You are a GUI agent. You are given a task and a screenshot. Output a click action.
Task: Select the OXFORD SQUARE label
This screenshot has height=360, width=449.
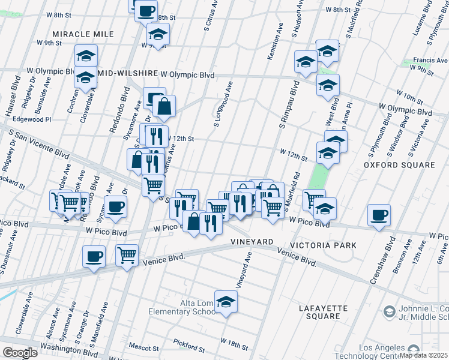click(x=400, y=164)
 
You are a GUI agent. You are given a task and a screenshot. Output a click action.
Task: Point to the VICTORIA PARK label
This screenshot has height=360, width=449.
click(x=323, y=245)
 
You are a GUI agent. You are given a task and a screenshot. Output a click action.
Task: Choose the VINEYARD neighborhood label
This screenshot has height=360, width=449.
click(x=252, y=241)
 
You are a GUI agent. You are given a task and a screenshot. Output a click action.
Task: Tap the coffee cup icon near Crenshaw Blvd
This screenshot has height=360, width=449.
click(x=378, y=215)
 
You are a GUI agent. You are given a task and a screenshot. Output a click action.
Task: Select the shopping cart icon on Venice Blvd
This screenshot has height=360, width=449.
click(x=127, y=256)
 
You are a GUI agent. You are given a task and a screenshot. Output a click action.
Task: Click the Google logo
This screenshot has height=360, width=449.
click(x=20, y=352)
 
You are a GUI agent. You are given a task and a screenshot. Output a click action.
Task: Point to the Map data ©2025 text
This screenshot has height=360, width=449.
click(x=424, y=355)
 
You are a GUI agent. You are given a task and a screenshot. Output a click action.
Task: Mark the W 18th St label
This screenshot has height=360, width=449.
click(x=234, y=341)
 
